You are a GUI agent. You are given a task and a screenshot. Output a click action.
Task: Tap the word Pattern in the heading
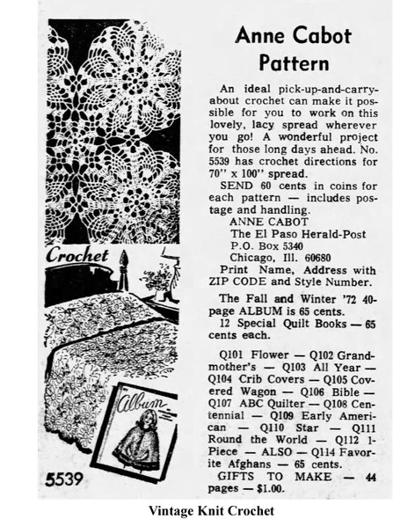click(x=295, y=62)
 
